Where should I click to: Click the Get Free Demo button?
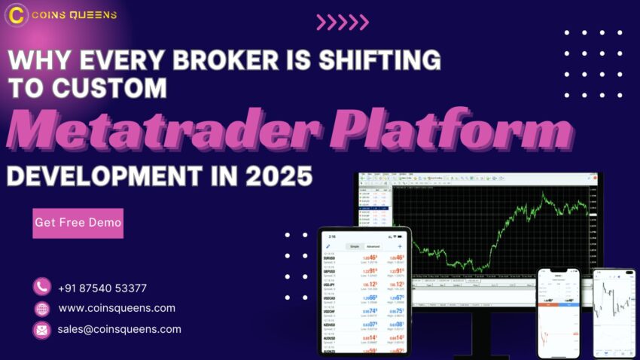coord(78,223)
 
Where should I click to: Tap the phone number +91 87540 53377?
coord(102,288)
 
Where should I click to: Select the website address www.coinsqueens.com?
coord(117,308)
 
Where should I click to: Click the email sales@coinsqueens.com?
coord(119,329)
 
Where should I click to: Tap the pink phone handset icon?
coord(42,287)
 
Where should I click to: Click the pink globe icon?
coord(42,309)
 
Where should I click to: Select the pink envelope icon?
coord(42,330)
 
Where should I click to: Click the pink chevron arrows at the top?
coord(343,23)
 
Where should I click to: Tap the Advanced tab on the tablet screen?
coord(373,246)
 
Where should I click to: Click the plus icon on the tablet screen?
coord(400,246)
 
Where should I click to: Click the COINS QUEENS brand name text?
coord(71,15)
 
